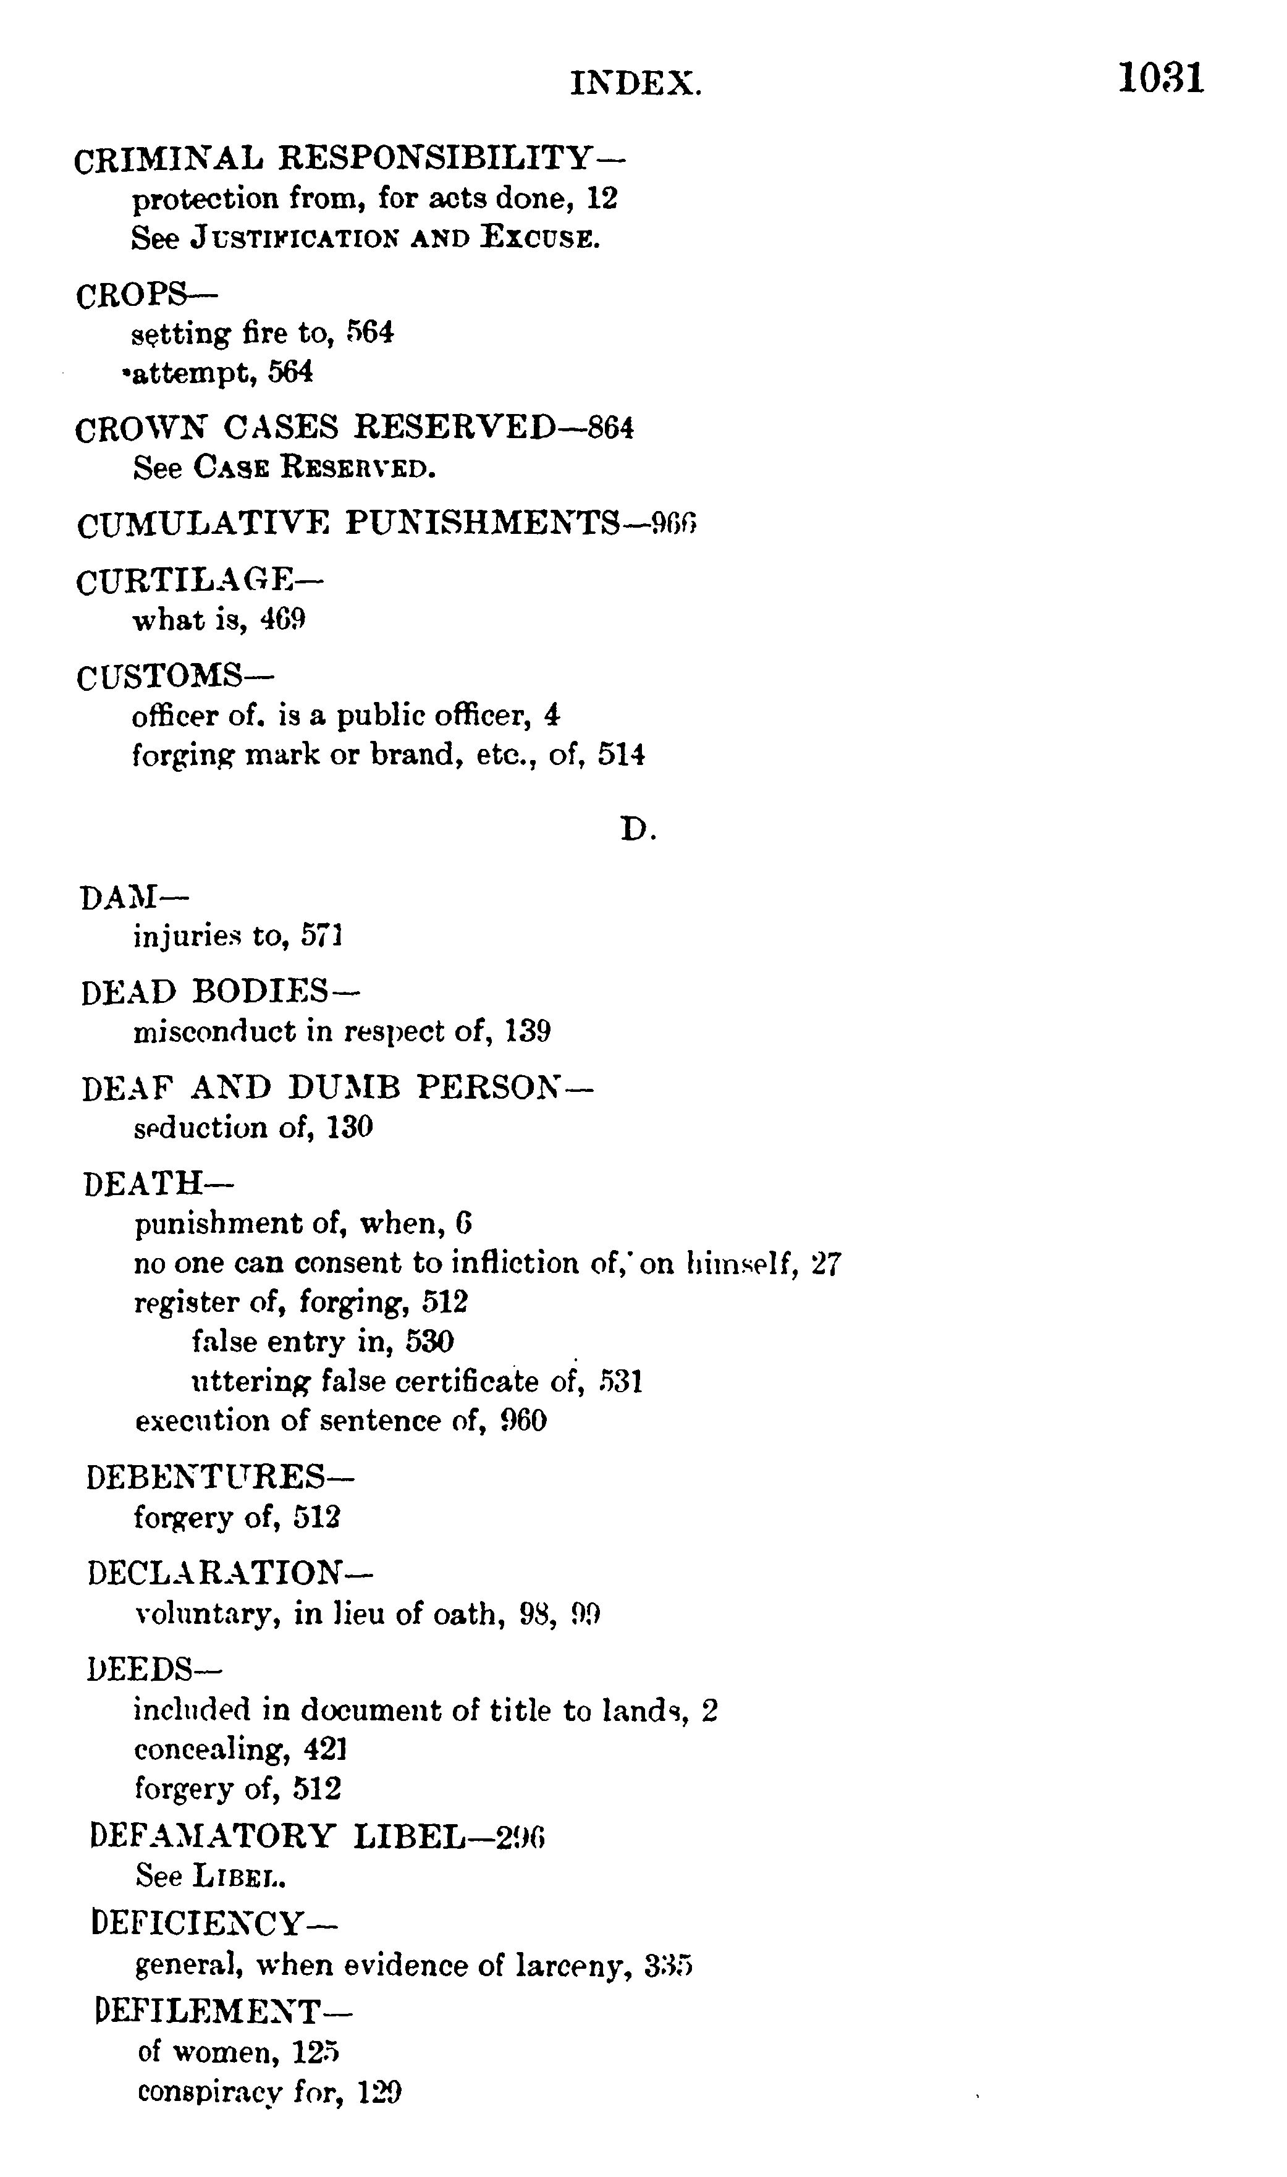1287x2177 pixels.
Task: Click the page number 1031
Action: point(1160,79)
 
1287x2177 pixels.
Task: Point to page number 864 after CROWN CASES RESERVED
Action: point(610,428)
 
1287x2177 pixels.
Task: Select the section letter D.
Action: point(638,830)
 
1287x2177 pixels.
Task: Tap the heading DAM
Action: point(119,897)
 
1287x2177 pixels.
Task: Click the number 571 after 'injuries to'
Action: point(322,936)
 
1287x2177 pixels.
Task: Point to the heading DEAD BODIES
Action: point(205,991)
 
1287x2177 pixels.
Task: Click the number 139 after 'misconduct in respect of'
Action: point(527,1031)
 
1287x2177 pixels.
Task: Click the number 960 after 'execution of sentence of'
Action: point(524,1421)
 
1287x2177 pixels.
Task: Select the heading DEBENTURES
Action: point(206,1477)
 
